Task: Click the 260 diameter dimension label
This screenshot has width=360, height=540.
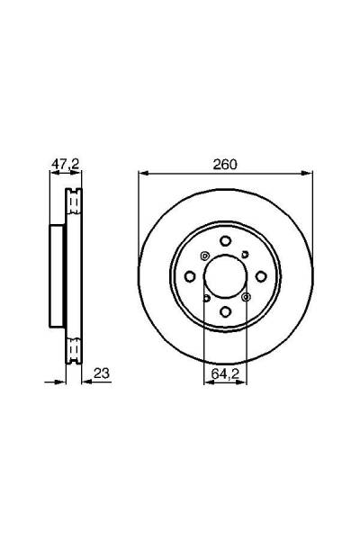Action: click(x=225, y=165)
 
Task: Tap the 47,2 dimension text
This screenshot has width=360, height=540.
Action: click(x=66, y=165)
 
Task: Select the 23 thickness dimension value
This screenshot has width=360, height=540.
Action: click(x=102, y=373)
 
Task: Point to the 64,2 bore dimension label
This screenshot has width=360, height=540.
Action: click(x=225, y=373)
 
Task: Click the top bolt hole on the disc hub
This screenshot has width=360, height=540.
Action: click(x=225, y=240)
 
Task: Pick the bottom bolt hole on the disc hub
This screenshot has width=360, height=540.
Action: click(x=225, y=312)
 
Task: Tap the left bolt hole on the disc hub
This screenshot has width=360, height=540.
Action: click(x=190, y=276)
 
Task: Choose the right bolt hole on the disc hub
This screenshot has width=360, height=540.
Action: click(x=261, y=276)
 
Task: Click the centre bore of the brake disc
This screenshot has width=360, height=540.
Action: click(x=225, y=276)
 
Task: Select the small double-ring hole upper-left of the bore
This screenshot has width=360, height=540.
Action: click(x=204, y=256)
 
